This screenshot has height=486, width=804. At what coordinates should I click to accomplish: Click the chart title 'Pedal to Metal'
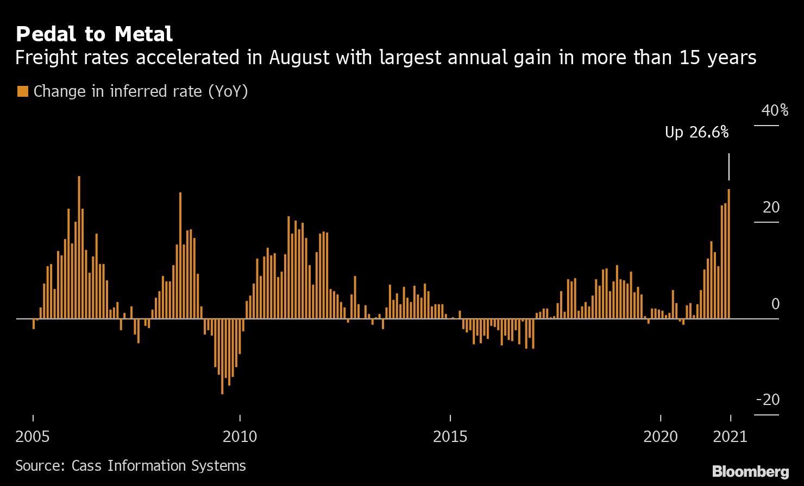point(94,34)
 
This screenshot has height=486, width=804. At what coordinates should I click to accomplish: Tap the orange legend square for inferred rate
point(22,91)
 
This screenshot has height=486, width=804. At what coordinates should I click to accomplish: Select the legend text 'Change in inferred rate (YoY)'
point(141,91)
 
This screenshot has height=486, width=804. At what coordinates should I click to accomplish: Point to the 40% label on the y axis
point(775,111)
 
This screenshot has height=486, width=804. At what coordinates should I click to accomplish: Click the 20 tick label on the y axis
point(771,208)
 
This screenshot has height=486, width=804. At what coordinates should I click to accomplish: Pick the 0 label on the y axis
point(775,304)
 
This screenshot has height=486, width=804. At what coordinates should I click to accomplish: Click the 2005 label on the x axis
point(33,437)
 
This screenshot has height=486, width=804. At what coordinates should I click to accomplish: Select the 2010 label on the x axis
point(240,437)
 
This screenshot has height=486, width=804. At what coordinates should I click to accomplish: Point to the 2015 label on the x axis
point(450,437)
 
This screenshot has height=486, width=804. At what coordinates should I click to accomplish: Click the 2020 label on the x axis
point(661,437)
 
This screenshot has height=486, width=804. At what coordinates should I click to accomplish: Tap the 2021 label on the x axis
point(731,437)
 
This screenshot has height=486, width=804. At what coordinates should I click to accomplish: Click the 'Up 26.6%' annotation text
point(696,132)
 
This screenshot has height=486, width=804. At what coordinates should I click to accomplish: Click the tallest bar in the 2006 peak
point(79,247)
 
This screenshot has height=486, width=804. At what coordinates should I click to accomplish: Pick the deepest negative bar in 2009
point(222,356)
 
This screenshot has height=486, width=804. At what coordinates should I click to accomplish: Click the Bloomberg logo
point(750,471)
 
